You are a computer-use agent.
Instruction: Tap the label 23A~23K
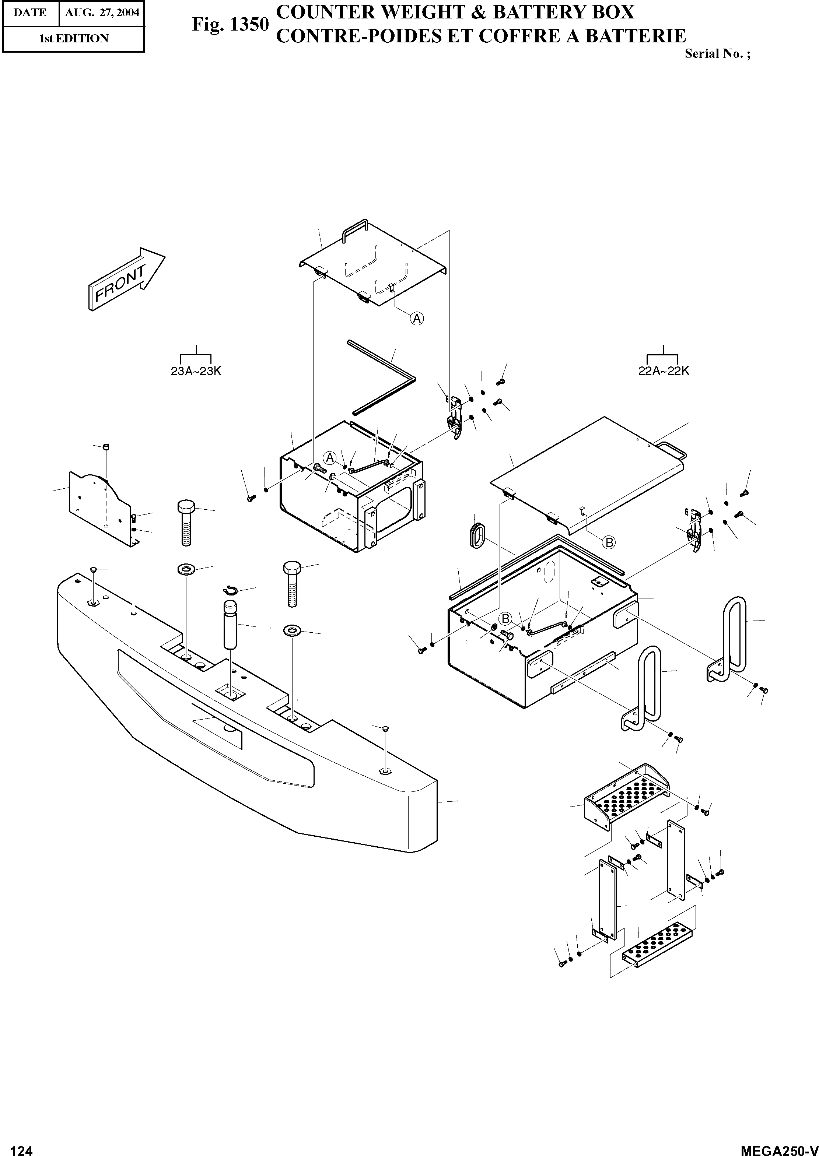tap(196, 372)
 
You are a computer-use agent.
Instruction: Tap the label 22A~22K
tap(663, 371)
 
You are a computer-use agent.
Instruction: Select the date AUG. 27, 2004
tap(102, 13)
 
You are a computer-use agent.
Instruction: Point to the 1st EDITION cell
tap(74, 39)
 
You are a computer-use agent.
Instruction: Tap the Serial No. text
tap(717, 54)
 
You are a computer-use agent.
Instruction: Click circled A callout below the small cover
tap(417, 318)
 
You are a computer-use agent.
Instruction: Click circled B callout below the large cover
tap(609, 542)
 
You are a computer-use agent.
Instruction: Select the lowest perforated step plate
tap(658, 943)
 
